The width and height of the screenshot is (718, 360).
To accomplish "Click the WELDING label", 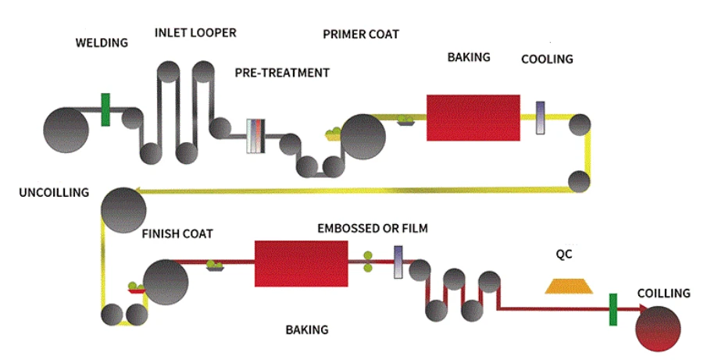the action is pos(102,42).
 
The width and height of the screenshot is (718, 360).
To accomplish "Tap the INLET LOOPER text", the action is pos(195,33).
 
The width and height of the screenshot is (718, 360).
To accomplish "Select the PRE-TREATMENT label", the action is pos(282,73).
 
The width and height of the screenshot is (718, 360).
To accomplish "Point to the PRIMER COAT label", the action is pos(361,34).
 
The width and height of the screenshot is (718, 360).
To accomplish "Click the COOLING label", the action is pos(547,59).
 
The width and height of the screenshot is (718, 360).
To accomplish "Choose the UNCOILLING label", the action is pos(54,193).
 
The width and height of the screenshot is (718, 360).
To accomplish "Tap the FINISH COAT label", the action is pos(177,233).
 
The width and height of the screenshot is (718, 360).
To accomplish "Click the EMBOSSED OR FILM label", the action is pos(373,228).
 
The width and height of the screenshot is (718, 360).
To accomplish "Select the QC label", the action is pos(564,254).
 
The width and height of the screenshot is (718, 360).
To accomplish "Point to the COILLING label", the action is pos(664,293).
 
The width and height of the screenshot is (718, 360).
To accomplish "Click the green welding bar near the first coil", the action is pos(105,110).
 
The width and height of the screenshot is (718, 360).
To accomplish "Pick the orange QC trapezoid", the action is pos(569,286).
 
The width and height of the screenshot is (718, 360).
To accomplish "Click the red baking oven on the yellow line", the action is pos(473,118).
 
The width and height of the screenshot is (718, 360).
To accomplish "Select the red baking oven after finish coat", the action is pos(301,264).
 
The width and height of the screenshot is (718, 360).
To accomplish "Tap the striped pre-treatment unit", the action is pos(255,136).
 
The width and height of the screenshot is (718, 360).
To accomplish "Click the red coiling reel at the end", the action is pos(659,329).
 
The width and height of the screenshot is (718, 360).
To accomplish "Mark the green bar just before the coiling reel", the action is pos(613,310).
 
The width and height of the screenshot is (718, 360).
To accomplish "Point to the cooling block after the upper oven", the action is pos(541,118).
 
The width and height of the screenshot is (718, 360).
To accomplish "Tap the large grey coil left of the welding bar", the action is pos(66,130).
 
